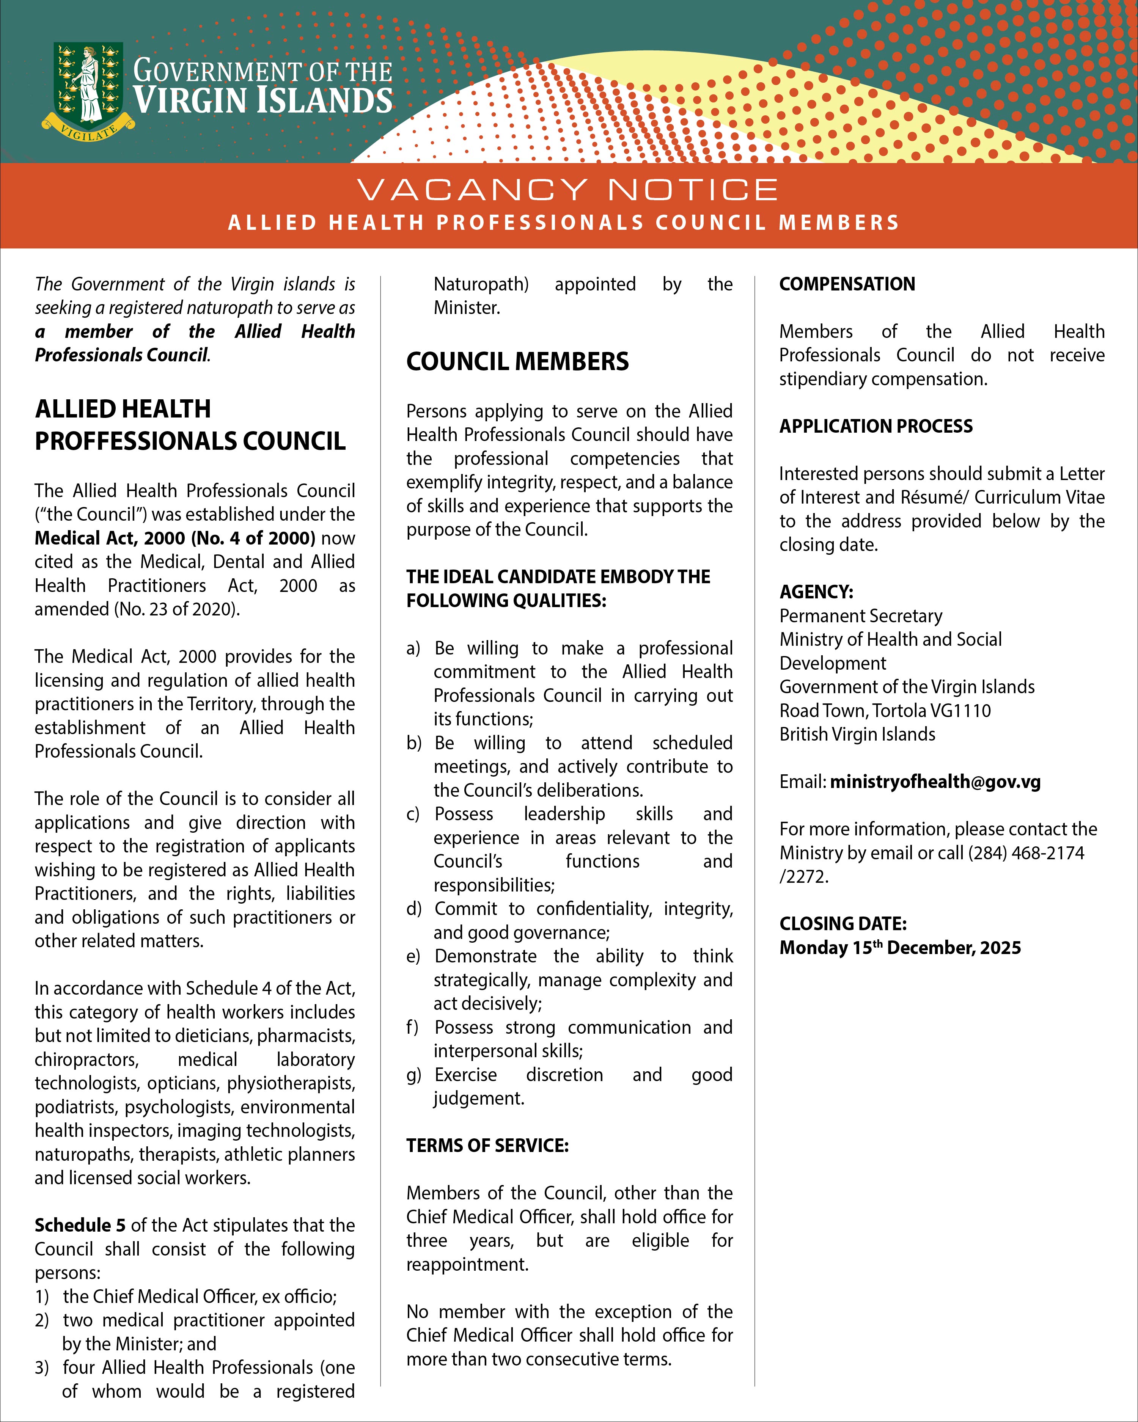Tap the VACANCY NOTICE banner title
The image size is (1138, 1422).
tap(568, 190)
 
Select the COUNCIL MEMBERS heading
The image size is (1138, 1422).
tap(517, 362)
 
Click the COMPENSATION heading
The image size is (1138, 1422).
tap(847, 284)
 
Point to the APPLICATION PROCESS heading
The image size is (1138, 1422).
tap(876, 426)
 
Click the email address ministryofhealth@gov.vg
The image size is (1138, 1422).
tap(935, 782)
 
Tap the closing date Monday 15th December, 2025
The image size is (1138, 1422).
tap(900, 948)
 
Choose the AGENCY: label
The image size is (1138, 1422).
tap(816, 592)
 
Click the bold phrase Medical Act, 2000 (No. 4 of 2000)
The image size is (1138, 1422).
tap(175, 538)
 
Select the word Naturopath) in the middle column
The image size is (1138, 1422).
tap(481, 284)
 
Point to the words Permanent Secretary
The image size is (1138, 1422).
tap(860, 616)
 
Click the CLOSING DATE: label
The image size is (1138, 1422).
tap(842, 924)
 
